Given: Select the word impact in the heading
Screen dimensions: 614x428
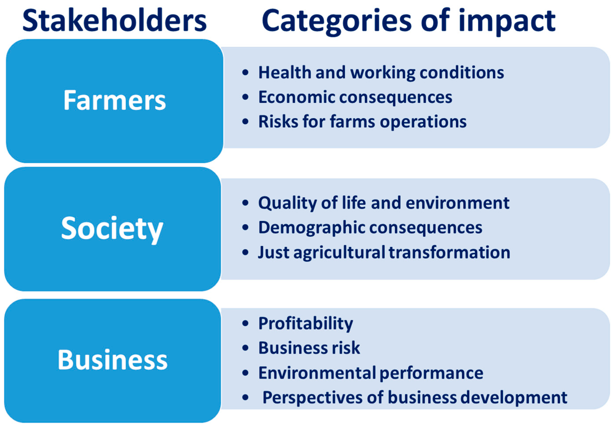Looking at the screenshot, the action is (x=507, y=22).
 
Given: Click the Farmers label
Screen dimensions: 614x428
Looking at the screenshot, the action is (x=115, y=100).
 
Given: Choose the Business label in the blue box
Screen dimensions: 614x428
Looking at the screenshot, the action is (x=112, y=359).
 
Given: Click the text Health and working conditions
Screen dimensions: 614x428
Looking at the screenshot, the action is (x=381, y=73).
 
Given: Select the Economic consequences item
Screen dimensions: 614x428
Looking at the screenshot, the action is (x=355, y=97).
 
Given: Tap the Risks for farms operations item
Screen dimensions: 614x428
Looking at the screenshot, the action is (x=362, y=122).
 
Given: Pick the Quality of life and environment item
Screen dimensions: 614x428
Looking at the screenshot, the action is (x=384, y=203).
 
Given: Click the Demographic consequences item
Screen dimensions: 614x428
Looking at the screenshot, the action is (x=370, y=228).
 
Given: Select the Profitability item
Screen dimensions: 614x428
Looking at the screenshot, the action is (x=306, y=324).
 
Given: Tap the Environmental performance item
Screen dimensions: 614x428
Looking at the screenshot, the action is (x=371, y=373).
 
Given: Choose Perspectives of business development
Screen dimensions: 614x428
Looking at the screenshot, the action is (x=415, y=397).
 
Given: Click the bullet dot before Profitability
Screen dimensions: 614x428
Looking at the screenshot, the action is (x=245, y=324).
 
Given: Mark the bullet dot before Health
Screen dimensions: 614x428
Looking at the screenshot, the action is (x=245, y=73).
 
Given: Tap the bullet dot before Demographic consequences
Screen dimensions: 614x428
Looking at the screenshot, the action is (x=245, y=228).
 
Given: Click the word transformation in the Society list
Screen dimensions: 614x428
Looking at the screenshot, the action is (x=449, y=252).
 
